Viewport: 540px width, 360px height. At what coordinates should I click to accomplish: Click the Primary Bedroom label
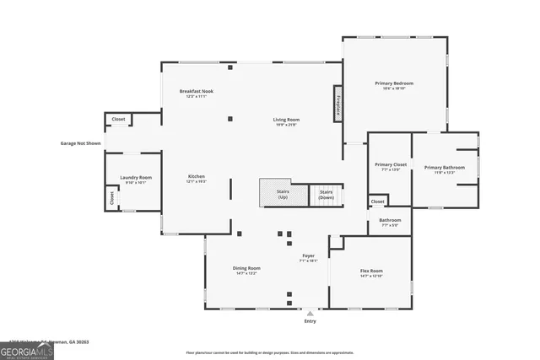point(394,83)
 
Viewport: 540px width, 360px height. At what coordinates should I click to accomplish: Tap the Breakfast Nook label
point(197,91)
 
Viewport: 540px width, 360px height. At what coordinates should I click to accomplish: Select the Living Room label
point(286,120)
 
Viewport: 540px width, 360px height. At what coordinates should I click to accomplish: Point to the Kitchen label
point(197,177)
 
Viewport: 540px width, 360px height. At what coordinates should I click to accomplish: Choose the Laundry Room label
point(135,178)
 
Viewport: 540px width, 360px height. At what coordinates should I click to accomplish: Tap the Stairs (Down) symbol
point(327,194)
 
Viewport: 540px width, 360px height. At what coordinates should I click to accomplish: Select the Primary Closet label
point(391,164)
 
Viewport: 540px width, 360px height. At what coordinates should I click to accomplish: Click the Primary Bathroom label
point(444,168)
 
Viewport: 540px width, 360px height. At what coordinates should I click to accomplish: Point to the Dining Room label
point(246,269)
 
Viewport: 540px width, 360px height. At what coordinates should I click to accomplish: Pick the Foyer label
point(308,256)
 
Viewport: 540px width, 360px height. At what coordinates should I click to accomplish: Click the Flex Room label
point(371,271)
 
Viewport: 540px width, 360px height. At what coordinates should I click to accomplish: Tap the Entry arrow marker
point(310,314)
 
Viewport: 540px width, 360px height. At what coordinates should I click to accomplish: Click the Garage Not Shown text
point(80,143)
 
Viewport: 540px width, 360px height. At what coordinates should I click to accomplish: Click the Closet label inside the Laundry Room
point(111,196)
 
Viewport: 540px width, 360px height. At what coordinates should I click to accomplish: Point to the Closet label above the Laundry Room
point(118,120)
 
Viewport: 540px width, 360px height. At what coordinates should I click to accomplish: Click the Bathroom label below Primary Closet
point(390,222)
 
